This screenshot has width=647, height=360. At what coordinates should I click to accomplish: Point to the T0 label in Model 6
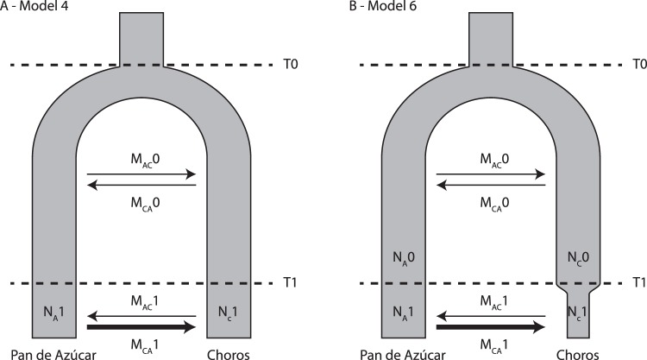[638, 65]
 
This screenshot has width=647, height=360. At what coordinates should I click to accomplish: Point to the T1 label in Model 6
[638, 283]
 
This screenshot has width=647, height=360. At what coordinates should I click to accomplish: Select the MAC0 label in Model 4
[142, 161]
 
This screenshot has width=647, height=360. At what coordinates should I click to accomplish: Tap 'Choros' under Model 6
[576, 352]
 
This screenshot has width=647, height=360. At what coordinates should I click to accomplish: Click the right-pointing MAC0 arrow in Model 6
[491, 174]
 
